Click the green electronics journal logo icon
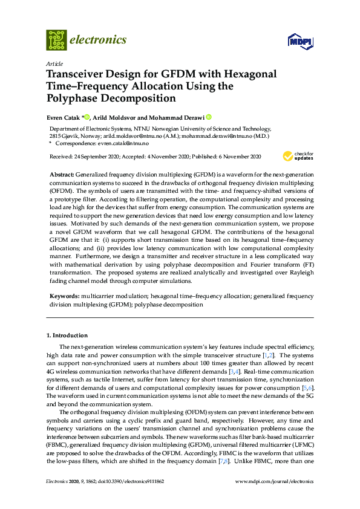tap(56, 41)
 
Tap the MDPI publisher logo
tap(299, 41)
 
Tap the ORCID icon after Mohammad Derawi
tap(209, 117)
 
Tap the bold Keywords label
tap(64, 297)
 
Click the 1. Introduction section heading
tap(67, 335)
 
